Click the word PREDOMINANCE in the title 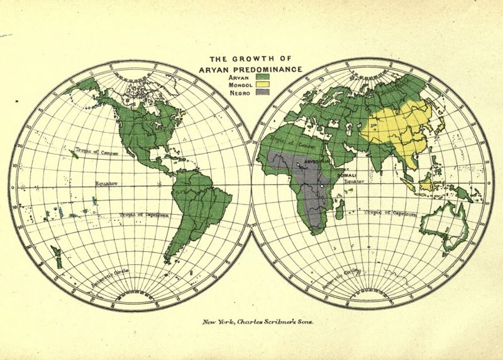pyautogui.click(x=271, y=68)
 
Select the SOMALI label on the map pyautogui.click(x=347, y=174)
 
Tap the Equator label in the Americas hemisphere pyautogui.click(x=106, y=184)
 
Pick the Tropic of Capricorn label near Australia pyautogui.click(x=390, y=213)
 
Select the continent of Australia pyautogui.click(x=447, y=227)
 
